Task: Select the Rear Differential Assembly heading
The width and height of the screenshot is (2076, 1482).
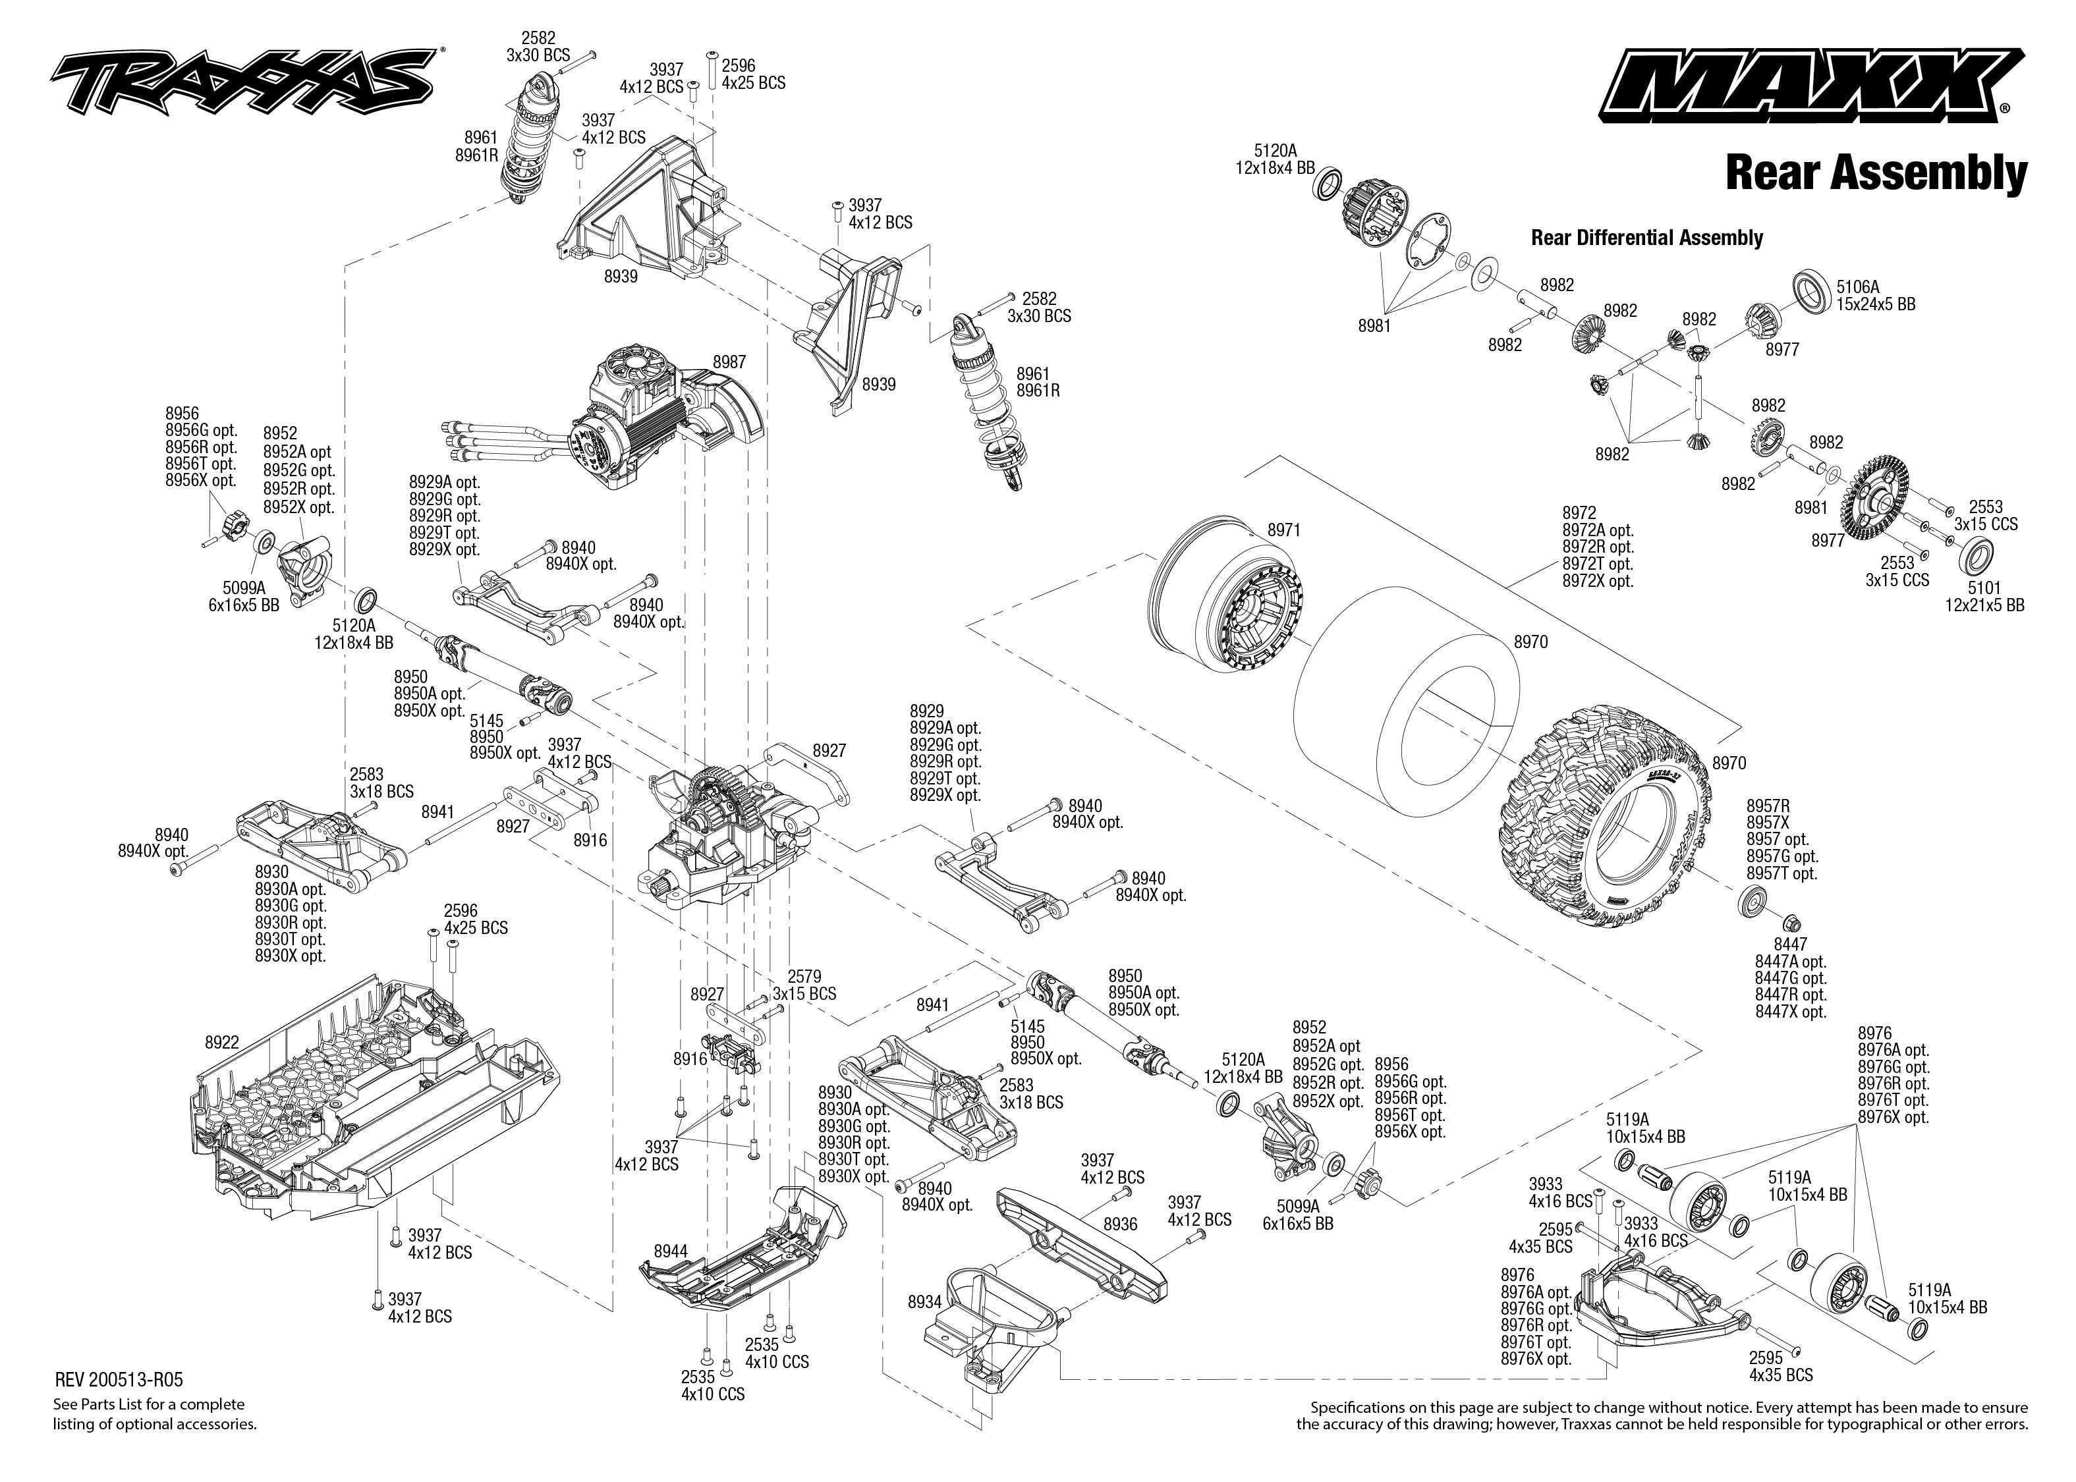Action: (x=1646, y=238)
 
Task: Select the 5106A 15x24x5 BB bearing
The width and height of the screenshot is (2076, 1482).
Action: (x=1814, y=290)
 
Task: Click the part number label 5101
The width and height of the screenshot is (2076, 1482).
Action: (x=1984, y=589)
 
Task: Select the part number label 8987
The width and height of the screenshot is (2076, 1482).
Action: (x=729, y=362)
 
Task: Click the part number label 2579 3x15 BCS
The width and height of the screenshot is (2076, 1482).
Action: (x=804, y=985)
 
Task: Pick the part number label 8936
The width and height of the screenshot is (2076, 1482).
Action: (x=1119, y=1224)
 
